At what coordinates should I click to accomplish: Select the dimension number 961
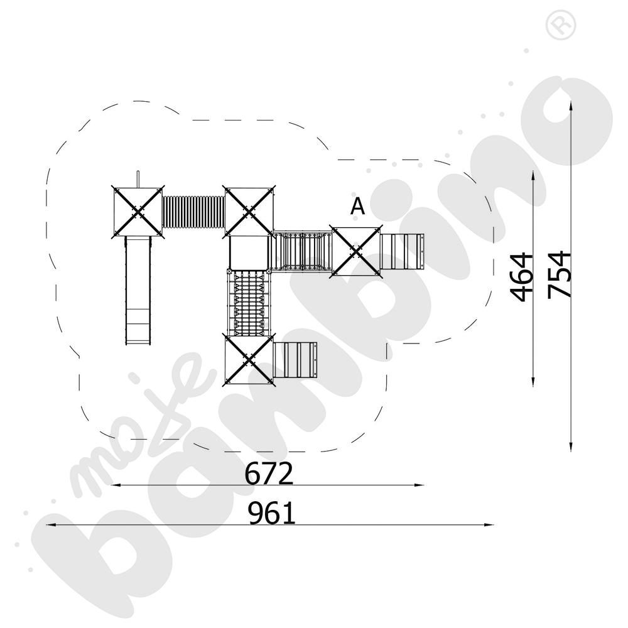tap(271, 514)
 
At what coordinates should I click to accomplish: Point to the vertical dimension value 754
tap(558, 274)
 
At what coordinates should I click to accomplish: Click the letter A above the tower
tap(357, 206)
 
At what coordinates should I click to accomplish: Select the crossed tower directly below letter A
tap(355, 251)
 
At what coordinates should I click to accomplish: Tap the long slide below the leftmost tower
tap(139, 290)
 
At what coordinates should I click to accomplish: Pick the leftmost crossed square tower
tap(138, 211)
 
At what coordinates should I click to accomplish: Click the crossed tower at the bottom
tap(249, 359)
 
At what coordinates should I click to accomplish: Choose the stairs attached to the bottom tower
tap(296, 360)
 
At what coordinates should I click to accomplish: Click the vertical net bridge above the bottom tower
tap(250, 302)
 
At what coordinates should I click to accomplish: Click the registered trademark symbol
tap(556, 25)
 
